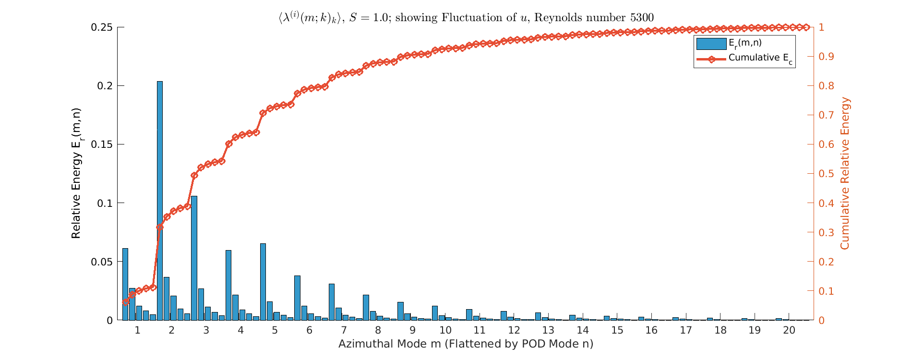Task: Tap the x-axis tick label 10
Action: pyautogui.click(x=445, y=330)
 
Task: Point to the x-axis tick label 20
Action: pyautogui.click(x=789, y=330)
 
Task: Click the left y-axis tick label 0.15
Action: pyautogui.click(x=101, y=144)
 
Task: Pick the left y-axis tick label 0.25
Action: pyautogui.click(x=101, y=27)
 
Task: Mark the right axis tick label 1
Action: pyautogui.click(x=821, y=27)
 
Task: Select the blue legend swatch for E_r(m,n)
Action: pyautogui.click(x=711, y=44)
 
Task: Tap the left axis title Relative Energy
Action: pyautogui.click(x=76, y=173)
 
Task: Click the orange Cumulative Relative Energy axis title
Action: pyautogui.click(x=845, y=173)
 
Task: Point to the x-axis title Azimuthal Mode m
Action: pyautogui.click(x=466, y=344)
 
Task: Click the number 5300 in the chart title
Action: pyautogui.click(x=641, y=18)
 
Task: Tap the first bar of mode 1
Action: pyautogui.click(x=125, y=284)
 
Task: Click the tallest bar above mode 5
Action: pyautogui.click(x=263, y=282)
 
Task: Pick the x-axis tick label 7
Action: pyautogui.click(x=344, y=330)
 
